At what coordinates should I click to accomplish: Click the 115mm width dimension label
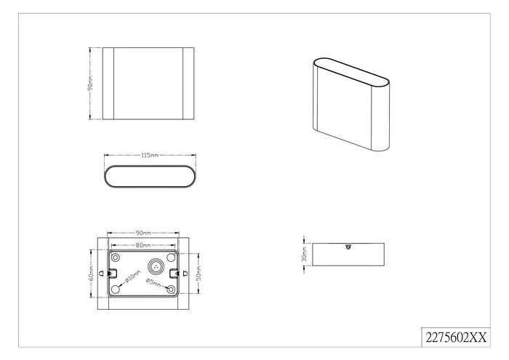pos(150,156)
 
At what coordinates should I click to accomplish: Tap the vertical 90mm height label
pos(91,84)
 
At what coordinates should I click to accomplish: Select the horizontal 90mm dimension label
pos(143,233)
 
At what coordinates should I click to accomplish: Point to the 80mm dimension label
pos(143,245)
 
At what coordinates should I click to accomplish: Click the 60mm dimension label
pos(92,273)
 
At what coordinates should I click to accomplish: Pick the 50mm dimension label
pos(199,273)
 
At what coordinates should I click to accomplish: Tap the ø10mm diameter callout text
pos(133,276)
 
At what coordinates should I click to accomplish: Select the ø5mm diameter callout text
pos(153,282)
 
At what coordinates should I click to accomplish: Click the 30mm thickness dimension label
pos(304,254)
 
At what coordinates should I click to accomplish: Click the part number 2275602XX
pos(456,337)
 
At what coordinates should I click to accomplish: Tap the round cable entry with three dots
pos(156,266)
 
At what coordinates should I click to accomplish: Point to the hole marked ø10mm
pos(115,289)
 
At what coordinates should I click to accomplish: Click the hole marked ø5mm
pos(171,289)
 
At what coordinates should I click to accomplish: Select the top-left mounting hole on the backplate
pos(115,258)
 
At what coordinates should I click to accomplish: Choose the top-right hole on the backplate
pos(171,258)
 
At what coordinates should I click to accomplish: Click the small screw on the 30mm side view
pos(348,247)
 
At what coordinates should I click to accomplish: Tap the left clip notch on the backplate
pos(111,273)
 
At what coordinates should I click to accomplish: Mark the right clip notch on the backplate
pos(175,273)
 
